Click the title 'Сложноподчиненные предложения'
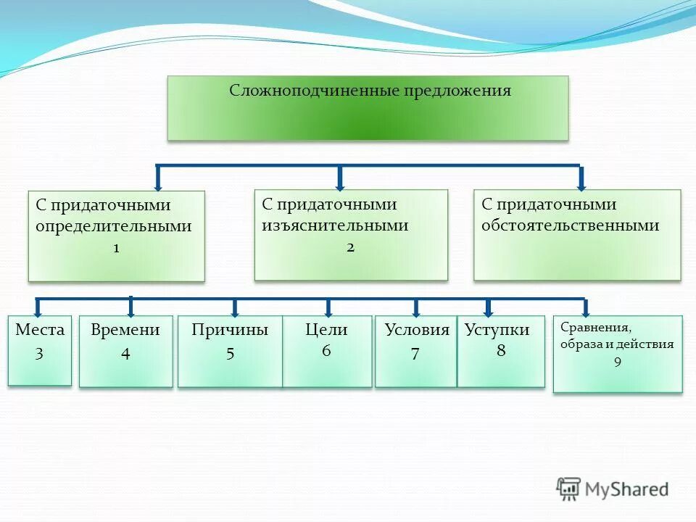coord(370,91)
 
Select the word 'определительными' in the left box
coord(114,226)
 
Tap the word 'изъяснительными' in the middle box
coord(335,225)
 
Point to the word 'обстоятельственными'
coord(570,225)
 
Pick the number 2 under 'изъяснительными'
coord(350,247)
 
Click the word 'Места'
coord(40,330)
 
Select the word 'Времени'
coord(125,330)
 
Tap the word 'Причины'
coord(230,330)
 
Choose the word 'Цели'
coord(326,330)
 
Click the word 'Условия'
coord(417,330)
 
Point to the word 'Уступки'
coord(497,331)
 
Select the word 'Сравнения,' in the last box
coord(590,327)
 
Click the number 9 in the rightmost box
coord(617,362)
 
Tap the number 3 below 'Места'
coord(39,355)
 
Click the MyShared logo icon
coord(569,489)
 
